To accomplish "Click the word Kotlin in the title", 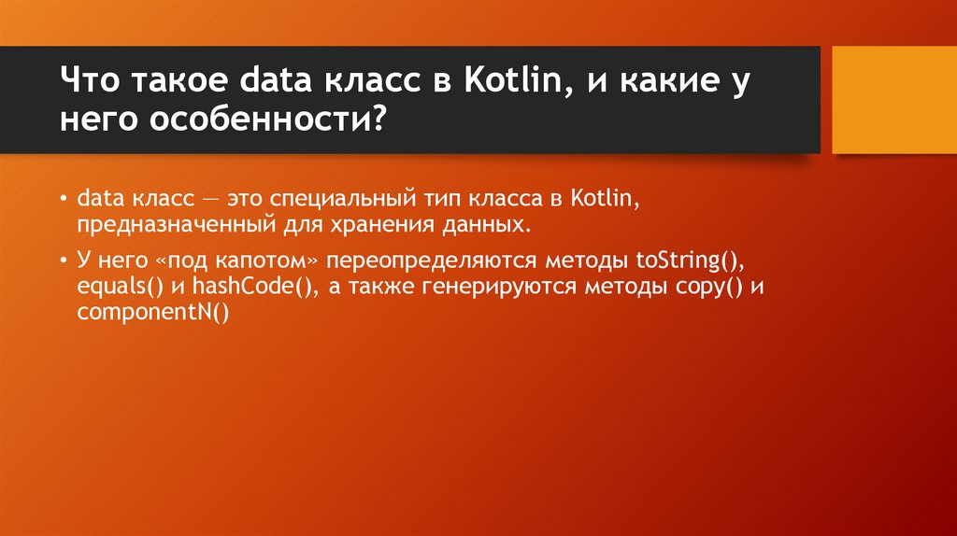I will pyautogui.click(x=515, y=79).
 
